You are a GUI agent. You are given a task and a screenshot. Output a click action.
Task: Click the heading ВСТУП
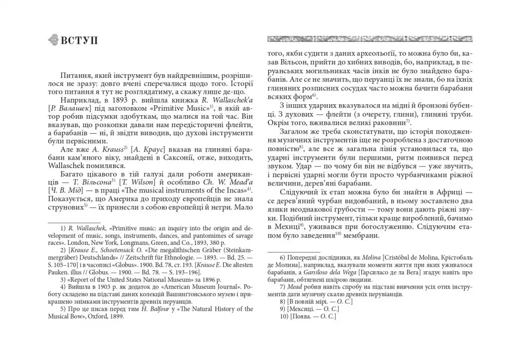pos(79,40)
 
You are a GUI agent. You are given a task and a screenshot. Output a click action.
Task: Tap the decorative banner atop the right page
pos(369,38)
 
